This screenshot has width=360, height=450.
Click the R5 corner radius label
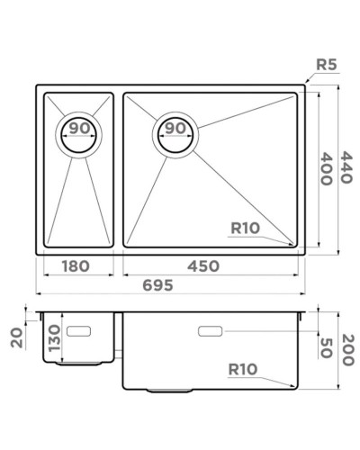327,64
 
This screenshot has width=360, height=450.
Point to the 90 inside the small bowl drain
80,128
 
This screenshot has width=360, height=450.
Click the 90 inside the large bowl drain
175,128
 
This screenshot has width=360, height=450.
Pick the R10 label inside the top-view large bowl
244,229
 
